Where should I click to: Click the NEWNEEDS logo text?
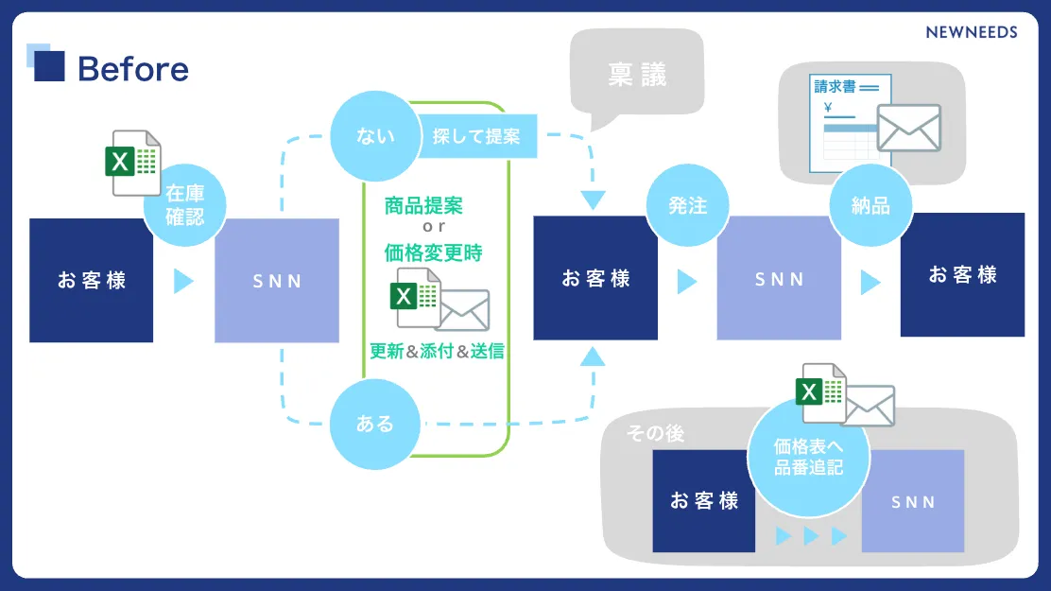972,32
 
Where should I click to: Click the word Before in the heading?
132,69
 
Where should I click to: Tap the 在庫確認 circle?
184,205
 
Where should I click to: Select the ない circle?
375,136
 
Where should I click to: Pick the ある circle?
375,424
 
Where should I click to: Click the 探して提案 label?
476,136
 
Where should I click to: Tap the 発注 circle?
687,205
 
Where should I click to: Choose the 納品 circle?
870,205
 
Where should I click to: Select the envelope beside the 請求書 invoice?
908,128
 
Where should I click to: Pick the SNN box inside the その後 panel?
912,501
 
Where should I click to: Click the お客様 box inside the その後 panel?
703,501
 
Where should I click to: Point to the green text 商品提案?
423,205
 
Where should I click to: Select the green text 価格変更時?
433,252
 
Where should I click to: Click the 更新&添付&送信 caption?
437,351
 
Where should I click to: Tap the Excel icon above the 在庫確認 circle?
130,163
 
